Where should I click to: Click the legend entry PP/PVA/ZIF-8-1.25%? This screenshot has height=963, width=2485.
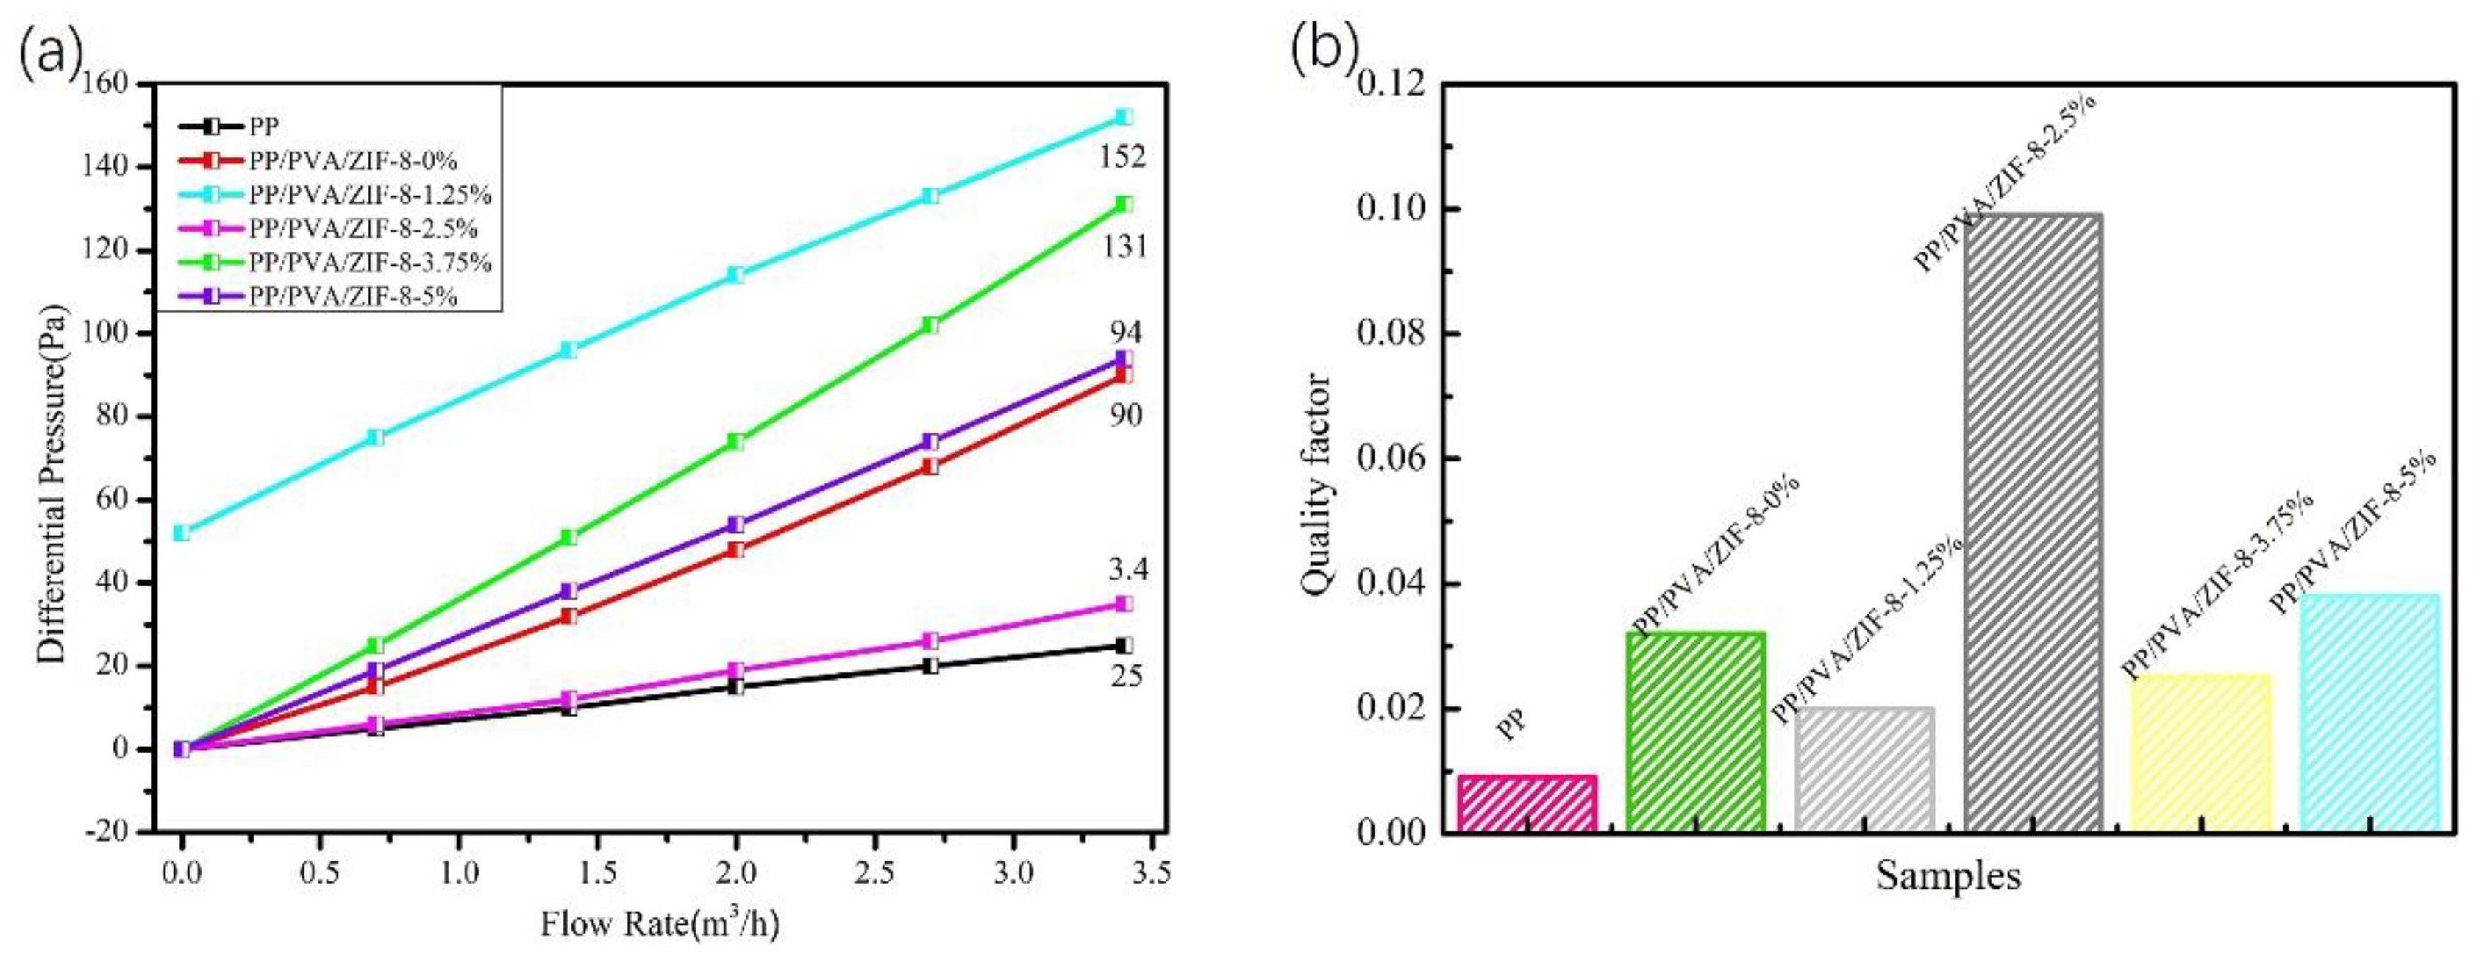point(369,194)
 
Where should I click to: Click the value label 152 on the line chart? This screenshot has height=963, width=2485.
point(1123,156)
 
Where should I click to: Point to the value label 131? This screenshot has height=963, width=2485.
point(1124,247)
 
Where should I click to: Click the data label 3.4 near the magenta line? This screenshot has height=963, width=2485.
point(1127,569)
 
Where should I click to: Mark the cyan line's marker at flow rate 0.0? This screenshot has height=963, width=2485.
point(182,533)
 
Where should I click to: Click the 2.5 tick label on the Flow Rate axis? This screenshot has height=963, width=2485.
point(875,874)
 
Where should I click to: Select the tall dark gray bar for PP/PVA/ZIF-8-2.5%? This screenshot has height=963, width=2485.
point(2033,521)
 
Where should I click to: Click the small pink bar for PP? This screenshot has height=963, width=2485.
point(1527,803)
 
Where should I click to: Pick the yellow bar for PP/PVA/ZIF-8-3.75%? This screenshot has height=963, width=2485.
point(2200,753)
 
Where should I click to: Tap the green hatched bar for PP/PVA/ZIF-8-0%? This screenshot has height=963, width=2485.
point(1696,731)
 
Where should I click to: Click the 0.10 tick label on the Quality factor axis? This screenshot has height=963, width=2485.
point(1392,210)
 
